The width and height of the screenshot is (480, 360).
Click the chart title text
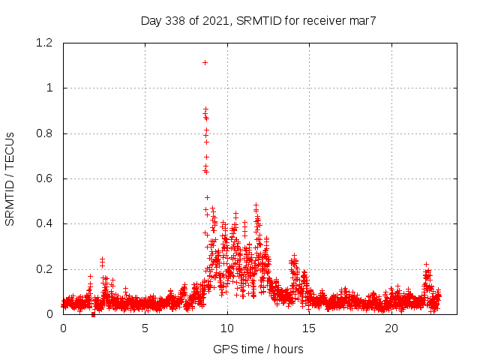(258, 20)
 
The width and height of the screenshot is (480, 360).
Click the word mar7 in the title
(361, 20)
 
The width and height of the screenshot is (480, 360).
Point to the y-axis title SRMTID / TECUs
(10, 178)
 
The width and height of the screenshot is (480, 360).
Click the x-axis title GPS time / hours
(258, 349)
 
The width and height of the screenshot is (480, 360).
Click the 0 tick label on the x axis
(63, 328)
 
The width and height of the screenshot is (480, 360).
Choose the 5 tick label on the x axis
(145, 328)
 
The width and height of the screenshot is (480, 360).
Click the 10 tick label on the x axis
(227, 328)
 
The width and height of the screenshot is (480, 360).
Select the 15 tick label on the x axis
(309, 328)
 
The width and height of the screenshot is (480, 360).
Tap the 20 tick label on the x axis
(391, 328)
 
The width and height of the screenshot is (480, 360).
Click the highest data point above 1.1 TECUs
(205, 62)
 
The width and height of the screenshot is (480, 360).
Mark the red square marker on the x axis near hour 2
(93, 314)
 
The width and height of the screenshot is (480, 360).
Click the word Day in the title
(151, 20)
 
